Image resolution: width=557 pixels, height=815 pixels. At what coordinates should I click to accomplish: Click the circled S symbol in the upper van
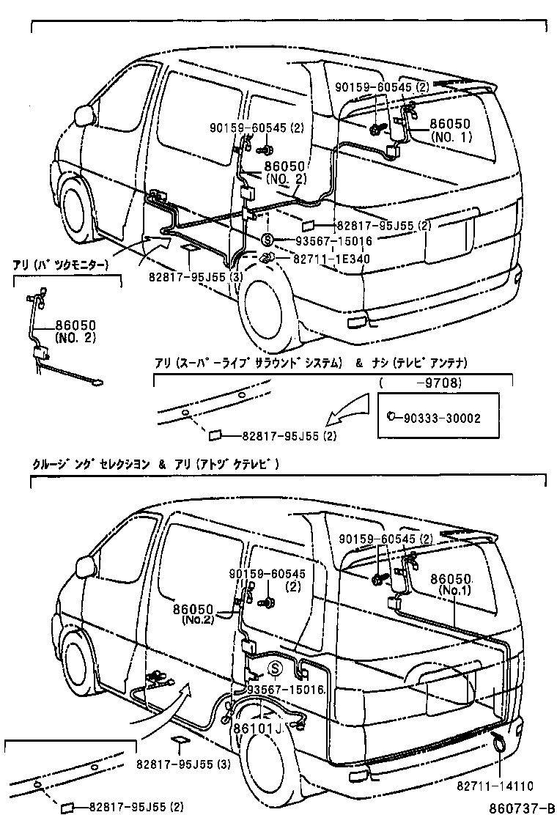point(268,240)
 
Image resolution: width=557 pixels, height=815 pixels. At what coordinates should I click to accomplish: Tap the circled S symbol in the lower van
point(275,668)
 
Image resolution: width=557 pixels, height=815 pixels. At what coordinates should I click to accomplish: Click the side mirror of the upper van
point(86,115)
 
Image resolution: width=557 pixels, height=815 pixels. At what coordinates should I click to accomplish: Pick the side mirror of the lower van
point(86,566)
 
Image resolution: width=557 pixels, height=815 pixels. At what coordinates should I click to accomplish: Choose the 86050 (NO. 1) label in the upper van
point(450,130)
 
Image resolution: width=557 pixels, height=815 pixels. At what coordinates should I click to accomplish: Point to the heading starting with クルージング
point(155,464)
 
